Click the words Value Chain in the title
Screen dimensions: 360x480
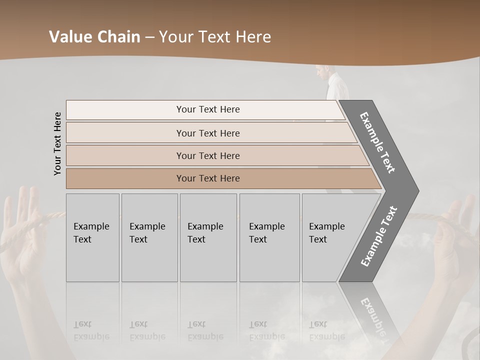[94, 37]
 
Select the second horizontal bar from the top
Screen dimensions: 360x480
[207, 133]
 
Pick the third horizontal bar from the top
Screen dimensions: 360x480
[207, 155]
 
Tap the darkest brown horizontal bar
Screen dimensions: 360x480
[207, 178]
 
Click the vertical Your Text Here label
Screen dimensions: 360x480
[57, 143]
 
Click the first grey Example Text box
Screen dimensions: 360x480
[92, 237]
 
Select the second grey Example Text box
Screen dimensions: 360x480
[149, 237]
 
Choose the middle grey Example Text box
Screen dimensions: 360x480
[208, 237]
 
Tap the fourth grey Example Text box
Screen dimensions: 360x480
[269, 237]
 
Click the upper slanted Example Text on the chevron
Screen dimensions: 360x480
[377, 142]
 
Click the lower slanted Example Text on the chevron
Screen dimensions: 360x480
[378, 236]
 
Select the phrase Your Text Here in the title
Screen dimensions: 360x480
[215, 37]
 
